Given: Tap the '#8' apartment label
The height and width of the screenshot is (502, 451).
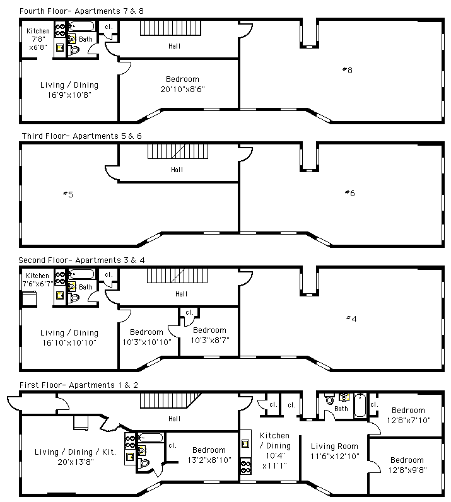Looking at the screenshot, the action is click(347, 70).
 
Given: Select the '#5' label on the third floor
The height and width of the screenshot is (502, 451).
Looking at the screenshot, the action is click(67, 194).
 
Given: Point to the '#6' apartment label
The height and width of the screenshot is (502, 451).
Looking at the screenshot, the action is click(349, 193).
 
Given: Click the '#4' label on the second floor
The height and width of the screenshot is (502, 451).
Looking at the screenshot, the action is click(351, 318).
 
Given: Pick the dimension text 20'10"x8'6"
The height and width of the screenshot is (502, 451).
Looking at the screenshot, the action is click(182, 89).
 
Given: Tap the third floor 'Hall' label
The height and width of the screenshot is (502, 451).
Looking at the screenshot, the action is click(177, 170).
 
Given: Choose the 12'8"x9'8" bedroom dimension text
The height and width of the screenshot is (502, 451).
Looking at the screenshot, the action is click(407, 469).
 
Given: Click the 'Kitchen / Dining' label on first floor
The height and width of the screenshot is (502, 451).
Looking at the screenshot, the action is click(275, 440).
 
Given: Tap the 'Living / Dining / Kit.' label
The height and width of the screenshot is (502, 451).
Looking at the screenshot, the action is click(76, 452).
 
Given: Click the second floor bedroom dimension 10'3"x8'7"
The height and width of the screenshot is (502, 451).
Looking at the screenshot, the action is click(209, 340).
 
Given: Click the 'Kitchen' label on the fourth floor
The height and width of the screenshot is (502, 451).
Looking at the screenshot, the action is click(38, 32).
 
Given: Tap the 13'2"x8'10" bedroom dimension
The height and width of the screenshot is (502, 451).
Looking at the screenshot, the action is click(209, 460).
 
